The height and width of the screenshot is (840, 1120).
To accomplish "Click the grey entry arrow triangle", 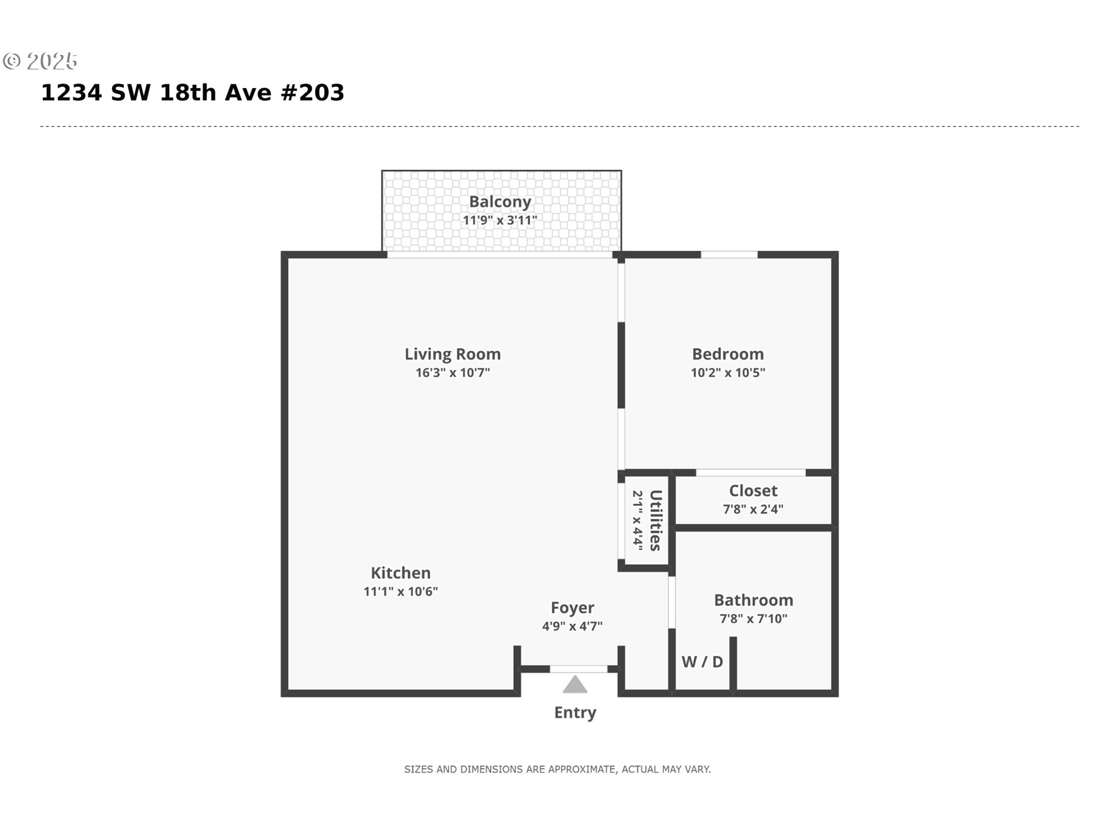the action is click(x=575, y=685).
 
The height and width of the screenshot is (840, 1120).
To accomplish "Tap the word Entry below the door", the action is click(x=575, y=713).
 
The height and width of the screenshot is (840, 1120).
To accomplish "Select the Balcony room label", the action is click(x=500, y=202).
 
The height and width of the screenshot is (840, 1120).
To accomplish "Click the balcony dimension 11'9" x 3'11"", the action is click(x=500, y=220).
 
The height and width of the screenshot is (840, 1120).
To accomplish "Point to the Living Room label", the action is click(x=453, y=354).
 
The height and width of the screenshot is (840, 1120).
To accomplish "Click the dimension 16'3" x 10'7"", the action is click(x=453, y=373).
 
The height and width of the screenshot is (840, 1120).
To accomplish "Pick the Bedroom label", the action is click(x=728, y=354).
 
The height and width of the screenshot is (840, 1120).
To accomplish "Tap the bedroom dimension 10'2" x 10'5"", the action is click(x=728, y=373).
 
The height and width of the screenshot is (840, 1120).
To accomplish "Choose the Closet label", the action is click(x=753, y=491).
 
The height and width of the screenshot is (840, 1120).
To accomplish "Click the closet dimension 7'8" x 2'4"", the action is click(x=753, y=509).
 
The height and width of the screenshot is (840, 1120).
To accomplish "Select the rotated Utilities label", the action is click(x=656, y=520).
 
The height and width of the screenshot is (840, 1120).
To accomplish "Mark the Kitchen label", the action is click(x=401, y=573).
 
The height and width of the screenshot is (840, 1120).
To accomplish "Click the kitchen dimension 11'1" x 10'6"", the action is click(x=401, y=591).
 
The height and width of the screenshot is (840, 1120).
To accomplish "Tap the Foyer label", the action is click(x=572, y=608).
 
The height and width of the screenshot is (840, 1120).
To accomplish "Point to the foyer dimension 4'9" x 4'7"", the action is click(x=572, y=626).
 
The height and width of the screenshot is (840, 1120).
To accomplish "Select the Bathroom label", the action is click(x=754, y=600).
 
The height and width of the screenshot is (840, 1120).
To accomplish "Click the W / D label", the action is click(x=702, y=662).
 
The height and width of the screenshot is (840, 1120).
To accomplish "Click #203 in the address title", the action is click(x=313, y=93).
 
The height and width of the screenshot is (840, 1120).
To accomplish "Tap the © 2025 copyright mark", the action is click(x=40, y=61).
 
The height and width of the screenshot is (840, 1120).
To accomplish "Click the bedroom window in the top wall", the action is click(x=729, y=255).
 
